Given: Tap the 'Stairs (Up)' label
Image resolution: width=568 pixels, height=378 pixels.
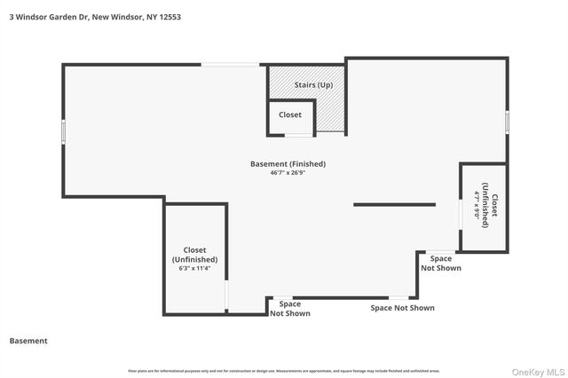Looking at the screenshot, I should point(313,85).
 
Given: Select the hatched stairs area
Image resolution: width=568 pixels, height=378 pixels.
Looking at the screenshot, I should point(331,111).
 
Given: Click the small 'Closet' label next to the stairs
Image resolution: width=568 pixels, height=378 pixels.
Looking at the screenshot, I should point(290,114).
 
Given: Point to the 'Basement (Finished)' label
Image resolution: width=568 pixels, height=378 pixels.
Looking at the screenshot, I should point(288,164).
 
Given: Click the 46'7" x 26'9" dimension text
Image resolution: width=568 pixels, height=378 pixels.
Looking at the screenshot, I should point(288,174).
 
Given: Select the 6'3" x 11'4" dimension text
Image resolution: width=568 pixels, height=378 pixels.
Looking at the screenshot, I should point(194,268).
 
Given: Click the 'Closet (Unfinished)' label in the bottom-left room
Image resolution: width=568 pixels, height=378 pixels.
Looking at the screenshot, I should point(194,255).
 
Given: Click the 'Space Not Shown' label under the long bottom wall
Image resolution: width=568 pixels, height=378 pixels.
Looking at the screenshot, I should point(402,308).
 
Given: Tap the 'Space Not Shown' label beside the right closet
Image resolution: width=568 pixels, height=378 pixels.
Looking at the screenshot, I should point(441,263).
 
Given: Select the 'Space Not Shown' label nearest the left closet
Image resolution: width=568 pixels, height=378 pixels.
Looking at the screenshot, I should point(290,309).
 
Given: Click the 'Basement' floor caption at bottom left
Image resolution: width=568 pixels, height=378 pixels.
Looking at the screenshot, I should point(28,341).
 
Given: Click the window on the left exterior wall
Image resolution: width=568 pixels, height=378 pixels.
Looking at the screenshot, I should point(63,130).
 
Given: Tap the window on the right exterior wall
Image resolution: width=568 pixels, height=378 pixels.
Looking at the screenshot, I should point(507,121).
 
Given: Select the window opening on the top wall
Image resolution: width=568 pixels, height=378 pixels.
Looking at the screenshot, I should point(230,64).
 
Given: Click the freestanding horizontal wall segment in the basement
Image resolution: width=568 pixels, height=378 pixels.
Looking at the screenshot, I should point(394,205).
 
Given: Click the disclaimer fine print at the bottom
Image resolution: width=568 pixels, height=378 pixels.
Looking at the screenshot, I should point(284,371).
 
